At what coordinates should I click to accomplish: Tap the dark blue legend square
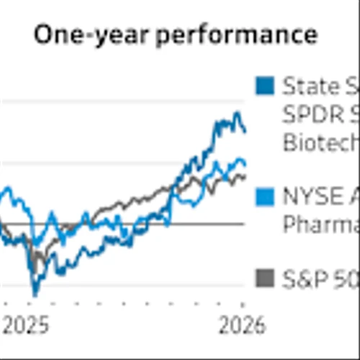coord(265,86)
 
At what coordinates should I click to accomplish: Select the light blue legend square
coord(265,196)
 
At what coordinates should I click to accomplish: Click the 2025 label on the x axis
coord(24,325)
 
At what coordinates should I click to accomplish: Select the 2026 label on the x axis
coord(240,325)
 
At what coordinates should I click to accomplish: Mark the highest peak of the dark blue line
coord(235,114)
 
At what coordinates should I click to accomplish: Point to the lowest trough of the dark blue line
coord(35,294)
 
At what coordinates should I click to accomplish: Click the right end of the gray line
coord(245,176)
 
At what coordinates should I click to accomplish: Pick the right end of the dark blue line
coord(246,131)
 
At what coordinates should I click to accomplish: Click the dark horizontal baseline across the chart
coord(144,224)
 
